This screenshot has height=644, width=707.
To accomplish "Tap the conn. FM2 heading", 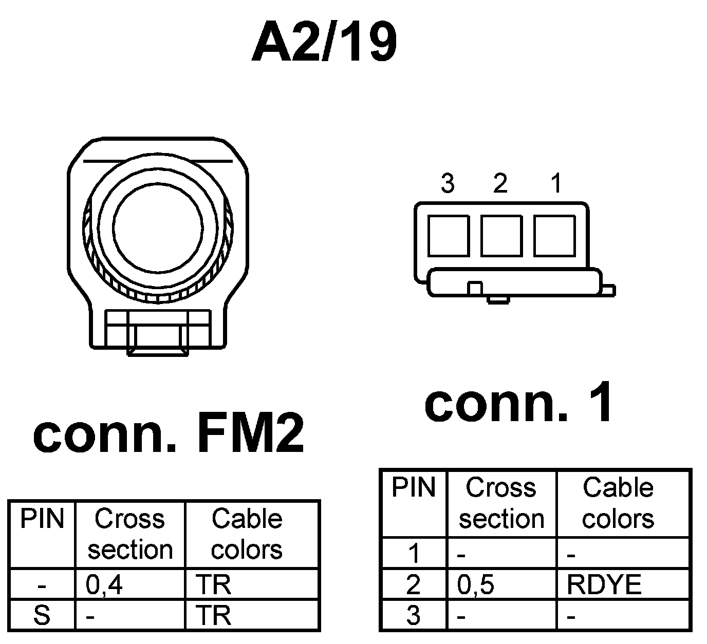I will [x=169, y=434].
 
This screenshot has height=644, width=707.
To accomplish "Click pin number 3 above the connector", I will [x=448, y=183].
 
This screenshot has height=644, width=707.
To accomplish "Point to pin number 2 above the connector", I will [x=500, y=183].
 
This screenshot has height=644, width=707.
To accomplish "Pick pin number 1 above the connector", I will [x=555, y=183].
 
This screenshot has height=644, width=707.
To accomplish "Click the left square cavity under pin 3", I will [x=448, y=236].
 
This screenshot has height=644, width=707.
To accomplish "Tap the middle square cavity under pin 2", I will [x=501, y=236].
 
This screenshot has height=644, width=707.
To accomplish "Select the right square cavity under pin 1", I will [x=554, y=236].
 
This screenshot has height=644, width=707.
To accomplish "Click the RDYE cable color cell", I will [x=604, y=585].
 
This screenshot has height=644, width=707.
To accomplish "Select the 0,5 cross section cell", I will [x=476, y=585].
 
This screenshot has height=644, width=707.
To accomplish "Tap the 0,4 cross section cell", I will [x=105, y=585].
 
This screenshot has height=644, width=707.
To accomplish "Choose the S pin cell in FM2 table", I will [x=42, y=615].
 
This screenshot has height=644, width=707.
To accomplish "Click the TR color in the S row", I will [x=214, y=615].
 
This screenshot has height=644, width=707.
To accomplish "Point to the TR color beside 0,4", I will [x=214, y=585].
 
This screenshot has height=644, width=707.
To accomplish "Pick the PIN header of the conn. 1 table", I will [x=413, y=487].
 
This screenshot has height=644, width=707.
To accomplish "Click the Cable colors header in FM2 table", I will [x=247, y=534].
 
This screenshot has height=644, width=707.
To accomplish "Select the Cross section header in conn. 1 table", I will [x=501, y=503].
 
